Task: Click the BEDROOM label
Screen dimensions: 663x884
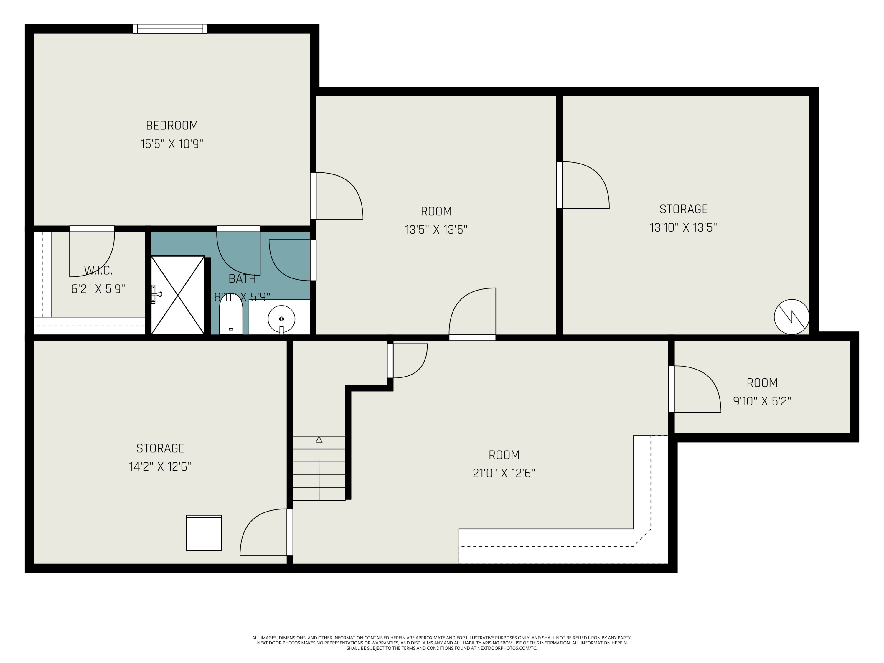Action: click(172, 126)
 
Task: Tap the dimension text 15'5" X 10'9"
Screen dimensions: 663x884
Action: click(172, 144)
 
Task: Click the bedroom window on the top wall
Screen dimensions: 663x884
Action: click(170, 29)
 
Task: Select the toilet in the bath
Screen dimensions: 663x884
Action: click(231, 316)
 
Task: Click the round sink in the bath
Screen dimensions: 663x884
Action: click(281, 319)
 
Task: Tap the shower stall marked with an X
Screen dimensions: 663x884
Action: click(178, 295)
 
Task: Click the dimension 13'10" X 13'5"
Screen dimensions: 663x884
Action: click(683, 228)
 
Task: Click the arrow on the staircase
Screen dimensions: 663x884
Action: click(319, 440)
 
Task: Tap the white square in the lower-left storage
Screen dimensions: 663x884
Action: click(204, 533)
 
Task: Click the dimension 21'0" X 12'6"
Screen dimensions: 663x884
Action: click(504, 474)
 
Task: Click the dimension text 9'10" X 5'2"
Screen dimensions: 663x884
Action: click(762, 401)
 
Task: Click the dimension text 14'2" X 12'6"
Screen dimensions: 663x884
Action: click(160, 467)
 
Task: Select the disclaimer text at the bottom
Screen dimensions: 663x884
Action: click(442, 643)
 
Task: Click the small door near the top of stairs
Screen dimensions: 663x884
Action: click(408, 360)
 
